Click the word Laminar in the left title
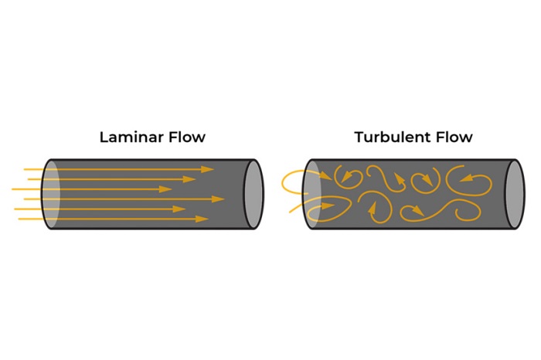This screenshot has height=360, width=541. [x=131, y=137]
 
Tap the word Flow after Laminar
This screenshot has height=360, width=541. [x=187, y=137]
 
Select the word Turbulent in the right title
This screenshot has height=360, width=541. [x=392, y=137]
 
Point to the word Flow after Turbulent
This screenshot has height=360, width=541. [x=454, y=137]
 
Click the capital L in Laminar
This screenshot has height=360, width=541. [x=103, y=137]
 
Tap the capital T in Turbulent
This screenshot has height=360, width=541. [x=359, y=137]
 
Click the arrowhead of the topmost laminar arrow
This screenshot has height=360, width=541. [x=208, y=169]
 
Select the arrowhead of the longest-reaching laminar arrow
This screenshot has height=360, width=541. [x=218, y=199]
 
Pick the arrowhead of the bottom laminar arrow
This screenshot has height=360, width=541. [x=202, y=219]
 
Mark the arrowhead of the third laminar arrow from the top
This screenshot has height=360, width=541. [x=165, y=189]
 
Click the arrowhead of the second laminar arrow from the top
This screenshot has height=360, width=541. [x=189, y=179]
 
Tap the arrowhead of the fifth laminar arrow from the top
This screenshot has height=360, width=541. [x=179, y=209]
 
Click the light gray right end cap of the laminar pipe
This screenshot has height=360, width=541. [x=253, y=194]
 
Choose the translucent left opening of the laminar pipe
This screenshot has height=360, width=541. [x=51, y=194]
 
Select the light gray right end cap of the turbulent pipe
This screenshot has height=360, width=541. [x=515, y=194]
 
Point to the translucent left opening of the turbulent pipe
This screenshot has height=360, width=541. [x=311, y=194]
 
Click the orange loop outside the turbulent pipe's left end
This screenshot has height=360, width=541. [x=293, y=182]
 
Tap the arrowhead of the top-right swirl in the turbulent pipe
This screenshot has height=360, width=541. [x=466, y=178]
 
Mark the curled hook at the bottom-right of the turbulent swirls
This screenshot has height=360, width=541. [x=468, y=211]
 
